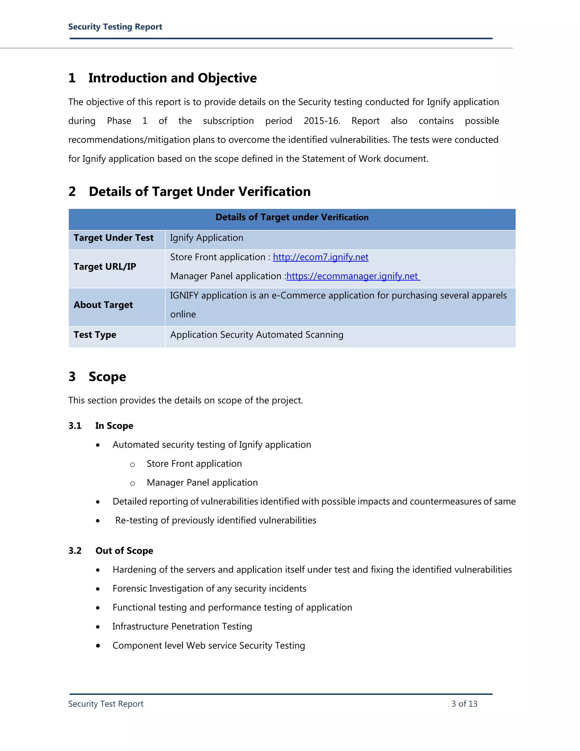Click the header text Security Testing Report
(115, 27)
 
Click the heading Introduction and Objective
(172, 78)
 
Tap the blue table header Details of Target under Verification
(292, 217)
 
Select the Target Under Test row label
(113, 238)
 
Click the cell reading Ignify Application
(206, 238)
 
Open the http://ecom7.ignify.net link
(320, 257)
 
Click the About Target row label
(103, 305)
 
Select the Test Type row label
(95, 335)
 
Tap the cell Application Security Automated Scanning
(257, 335)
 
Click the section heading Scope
(107, 377)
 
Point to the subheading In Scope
(114, 426)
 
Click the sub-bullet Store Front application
(194, 464)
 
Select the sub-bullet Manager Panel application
(202, 483)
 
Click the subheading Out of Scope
(124, 551)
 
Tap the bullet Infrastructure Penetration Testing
(182, 627)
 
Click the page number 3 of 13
(464, 704)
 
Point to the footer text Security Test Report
(106, 704)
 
